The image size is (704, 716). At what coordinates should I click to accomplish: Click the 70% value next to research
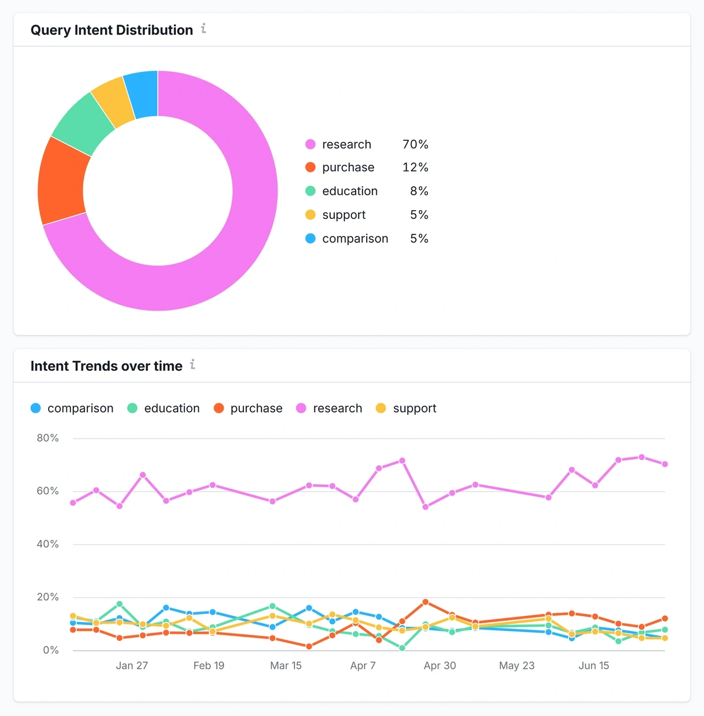[415, 144]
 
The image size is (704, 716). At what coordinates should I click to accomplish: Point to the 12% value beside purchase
[415, 168]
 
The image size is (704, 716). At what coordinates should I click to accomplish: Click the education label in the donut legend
[350, 191]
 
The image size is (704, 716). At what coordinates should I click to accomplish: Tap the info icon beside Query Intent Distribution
[204, 28]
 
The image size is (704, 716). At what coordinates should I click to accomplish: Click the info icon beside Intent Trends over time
[192, 364]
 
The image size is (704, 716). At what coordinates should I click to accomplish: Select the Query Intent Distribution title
[111, 30]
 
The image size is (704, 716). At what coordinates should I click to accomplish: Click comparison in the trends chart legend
[80, 408]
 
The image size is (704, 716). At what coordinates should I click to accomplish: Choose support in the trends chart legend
[414, 408]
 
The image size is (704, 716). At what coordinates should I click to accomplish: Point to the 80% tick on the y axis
[48, 438]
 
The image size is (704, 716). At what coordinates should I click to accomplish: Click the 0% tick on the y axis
[50, 650]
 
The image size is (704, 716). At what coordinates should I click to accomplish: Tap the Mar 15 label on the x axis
[286, 666]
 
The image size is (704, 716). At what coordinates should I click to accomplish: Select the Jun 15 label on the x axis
[594, 666]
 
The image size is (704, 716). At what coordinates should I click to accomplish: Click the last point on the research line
[665, 464]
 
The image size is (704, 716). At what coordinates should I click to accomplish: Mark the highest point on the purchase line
[425, 602]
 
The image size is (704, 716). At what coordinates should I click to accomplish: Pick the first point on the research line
[73, 503]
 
